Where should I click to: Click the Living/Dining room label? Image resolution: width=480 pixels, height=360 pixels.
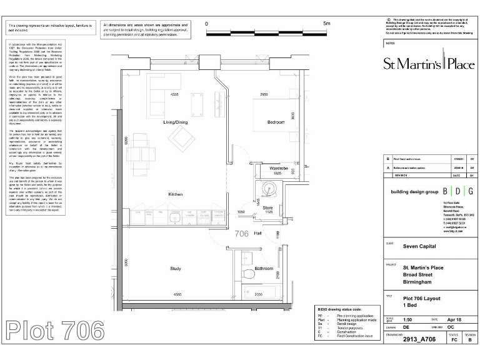click(x=175, y=122)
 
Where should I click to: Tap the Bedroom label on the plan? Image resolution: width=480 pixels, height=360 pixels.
click(x=276, y=121)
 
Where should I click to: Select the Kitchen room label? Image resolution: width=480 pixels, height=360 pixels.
click(x=175, y=194)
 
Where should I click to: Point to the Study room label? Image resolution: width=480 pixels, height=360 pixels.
click(x=176, y=269)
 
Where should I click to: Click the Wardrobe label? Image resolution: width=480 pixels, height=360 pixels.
click(x=279, y=168)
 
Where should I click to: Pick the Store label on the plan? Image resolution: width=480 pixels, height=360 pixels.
click(x=267, y=207)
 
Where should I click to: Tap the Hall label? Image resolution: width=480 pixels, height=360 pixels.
click(x=257, y=232)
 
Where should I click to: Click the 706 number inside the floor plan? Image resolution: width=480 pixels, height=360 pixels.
click(x=241, y=234)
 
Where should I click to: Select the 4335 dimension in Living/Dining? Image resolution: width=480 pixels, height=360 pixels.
click(x=176, y=94)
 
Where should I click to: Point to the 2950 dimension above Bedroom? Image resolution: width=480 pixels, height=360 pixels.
click(x=264, y=94)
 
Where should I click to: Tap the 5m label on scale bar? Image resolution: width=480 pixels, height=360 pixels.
click(x=326, y=23)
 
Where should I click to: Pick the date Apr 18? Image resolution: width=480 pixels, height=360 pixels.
click(x=454, y=318)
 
